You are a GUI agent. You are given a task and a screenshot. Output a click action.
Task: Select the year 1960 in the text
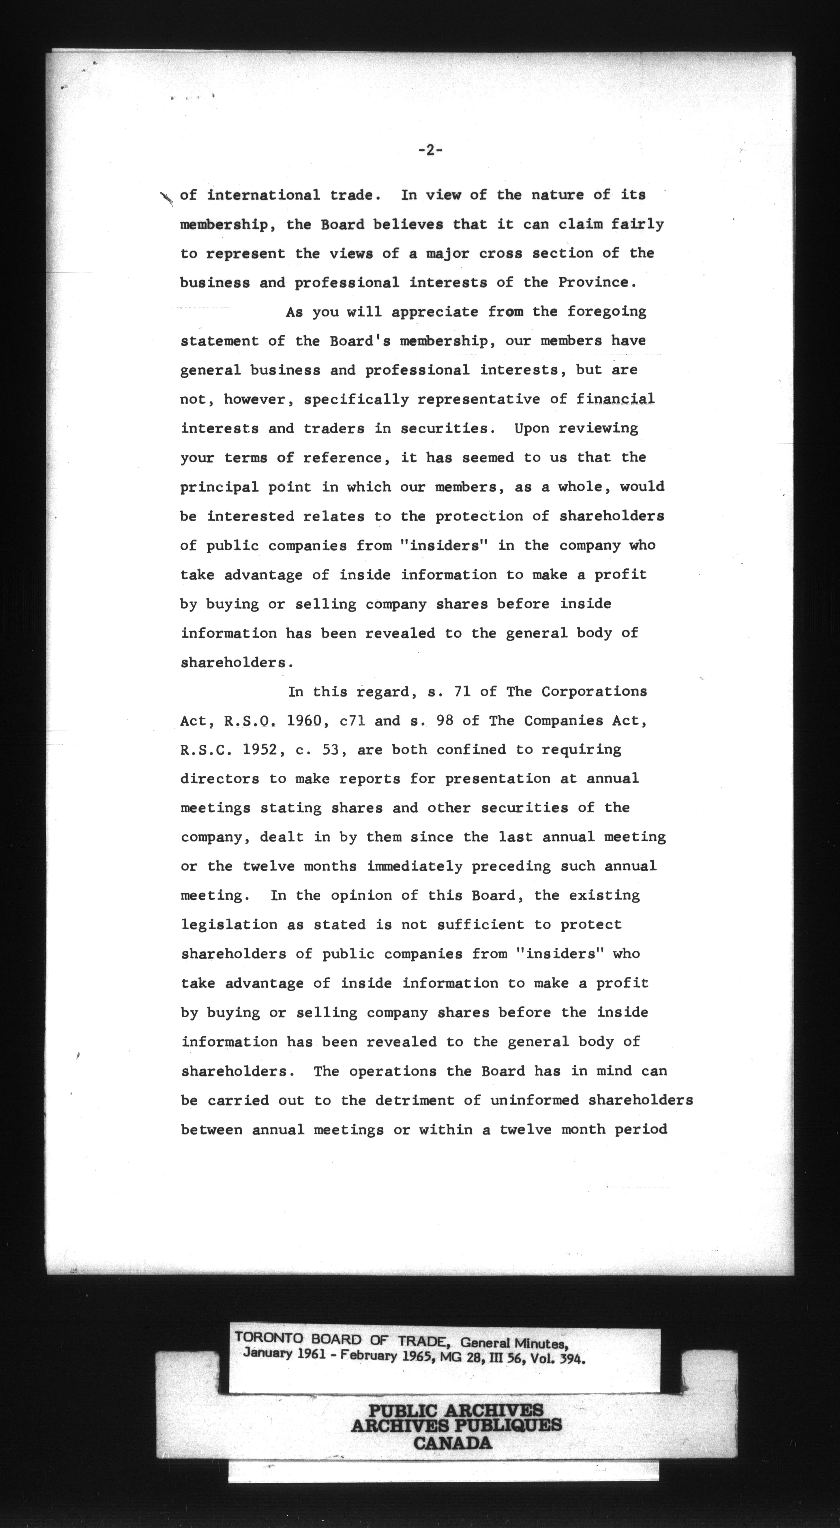(304, 721)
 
